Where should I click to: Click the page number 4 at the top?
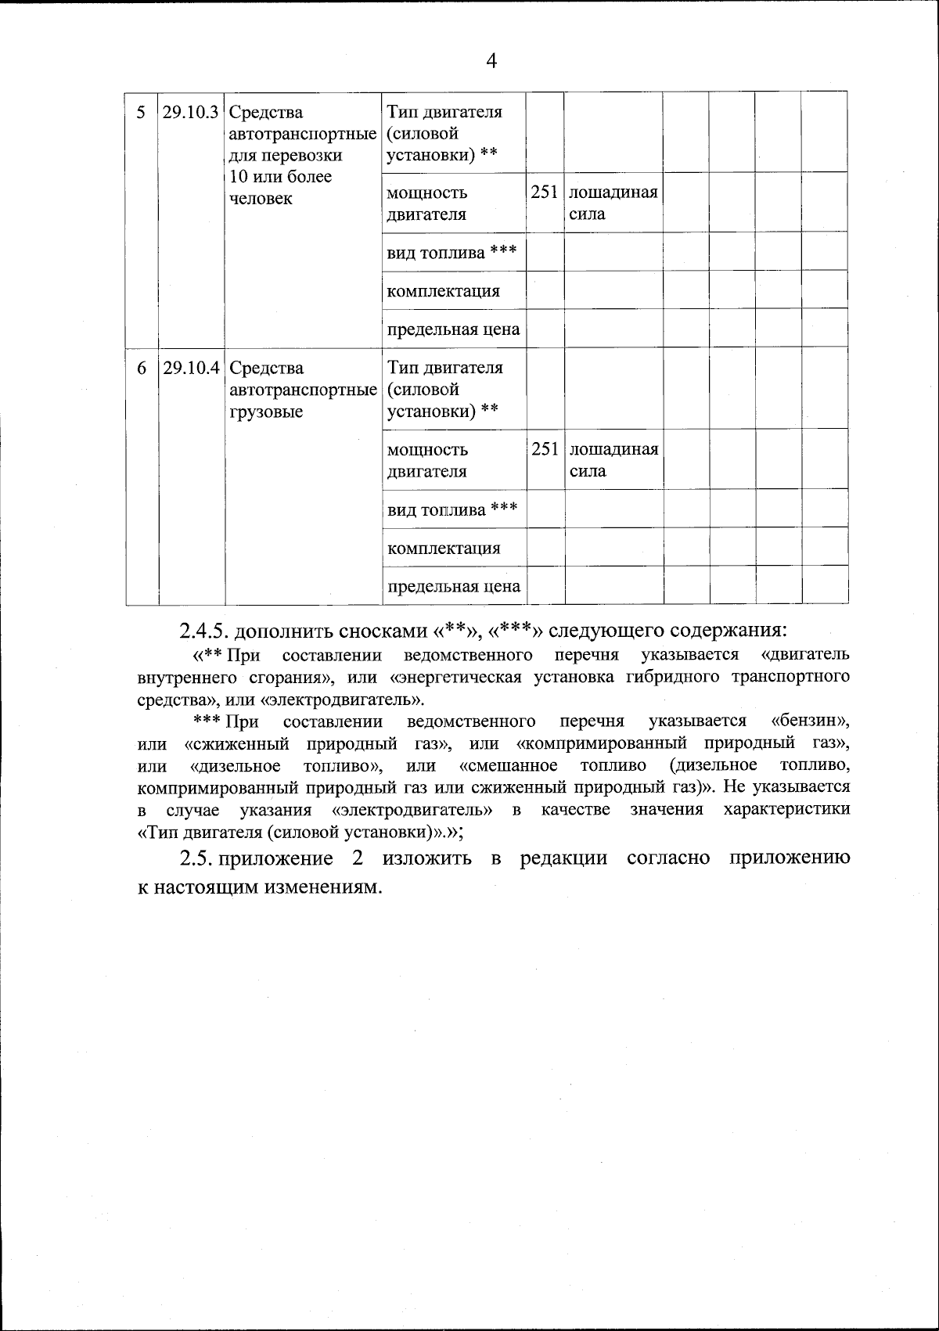pyautogui.click(x=491, y=61)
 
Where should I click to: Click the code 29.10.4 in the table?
pyautogui.click(x=191, y=367)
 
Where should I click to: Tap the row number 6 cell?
pyautogui.click(x=141, y=367)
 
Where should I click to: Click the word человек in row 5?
pyautogui.click(x=261, y=199)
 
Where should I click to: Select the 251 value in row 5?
pyautogui.click(x=545, y=192)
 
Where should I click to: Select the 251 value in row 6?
pyautogui.click(x=545, y=449)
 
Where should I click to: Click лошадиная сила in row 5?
pyautogui.click(x=613, y=203)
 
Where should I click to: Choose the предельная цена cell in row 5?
pyautogui.click(x=453, y=329)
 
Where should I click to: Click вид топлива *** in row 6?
pyautogui.click(x=452, y=510)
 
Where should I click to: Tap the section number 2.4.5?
pyautogui.click(x=204, y=630)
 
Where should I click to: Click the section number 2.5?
pyautogui.click(x=196, y=858)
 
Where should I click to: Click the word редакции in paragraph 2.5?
pyautogui.click(x=563, y=858)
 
